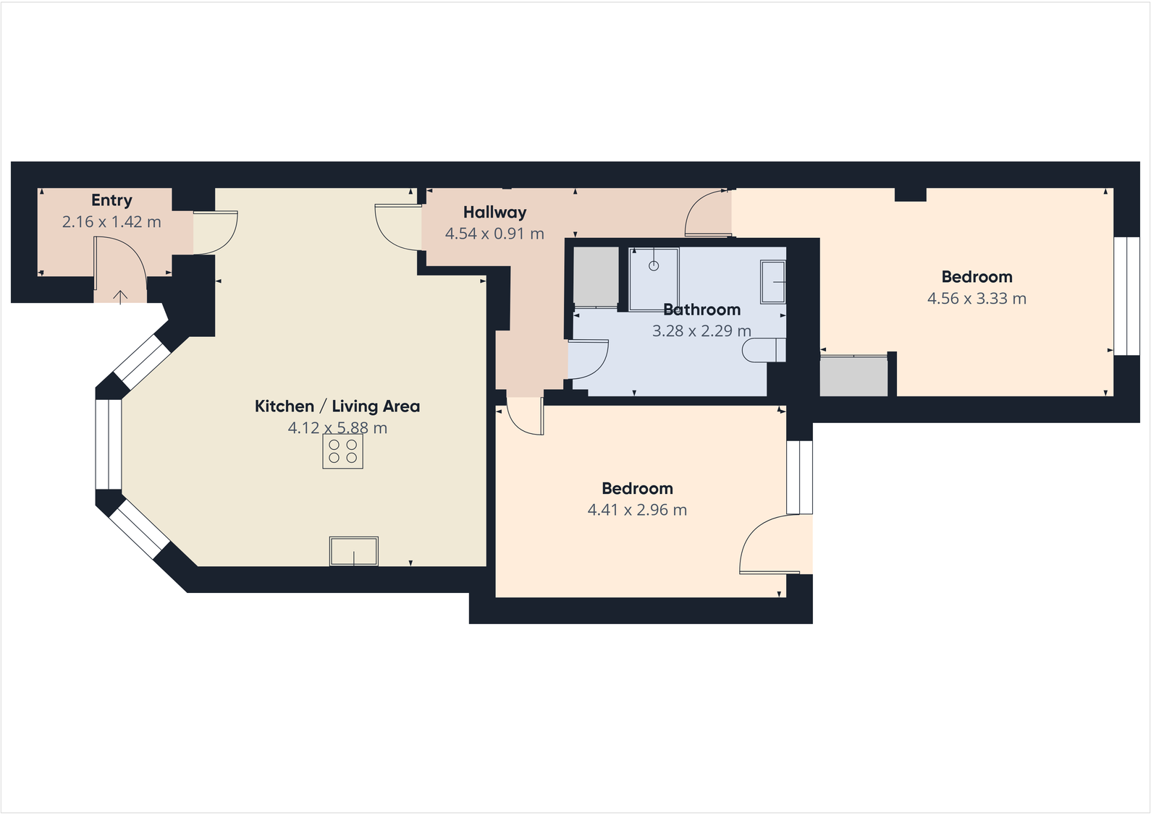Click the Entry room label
[111, 200]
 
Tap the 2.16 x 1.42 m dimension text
[111, 222]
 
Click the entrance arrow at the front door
[120, 296]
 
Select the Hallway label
[494, 212]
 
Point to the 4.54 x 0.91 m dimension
[494, 234]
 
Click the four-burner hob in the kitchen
[342, 452]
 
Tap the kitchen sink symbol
[354, 551]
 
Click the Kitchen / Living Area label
[337, 406]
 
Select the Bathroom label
[701, 310]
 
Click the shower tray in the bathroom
[654, 278]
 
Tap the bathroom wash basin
[773, 282]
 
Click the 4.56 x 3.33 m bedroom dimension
[977, 299]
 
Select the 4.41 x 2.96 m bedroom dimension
[637, 510]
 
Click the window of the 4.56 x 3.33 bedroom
[1126, 296]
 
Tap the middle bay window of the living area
[109, 443]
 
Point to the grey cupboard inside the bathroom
[596, 276]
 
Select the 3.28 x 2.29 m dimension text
[701, 331]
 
